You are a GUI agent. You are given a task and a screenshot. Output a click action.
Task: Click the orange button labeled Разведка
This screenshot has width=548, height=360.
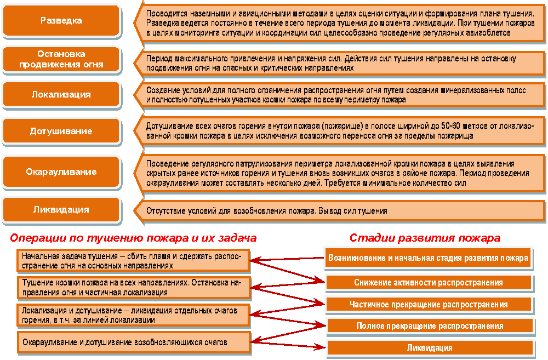point(61,21)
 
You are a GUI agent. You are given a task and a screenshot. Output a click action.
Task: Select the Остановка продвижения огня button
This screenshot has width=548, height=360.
point(61,59)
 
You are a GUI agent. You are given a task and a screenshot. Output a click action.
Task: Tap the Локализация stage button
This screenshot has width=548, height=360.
point(61,94)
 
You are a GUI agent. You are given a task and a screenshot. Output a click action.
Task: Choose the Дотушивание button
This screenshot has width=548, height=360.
point(61,132)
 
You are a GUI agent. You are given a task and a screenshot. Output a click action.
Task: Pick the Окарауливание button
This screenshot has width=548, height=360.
point(61,172)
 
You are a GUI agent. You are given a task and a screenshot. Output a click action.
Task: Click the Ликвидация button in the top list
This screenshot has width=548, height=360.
point(61,209)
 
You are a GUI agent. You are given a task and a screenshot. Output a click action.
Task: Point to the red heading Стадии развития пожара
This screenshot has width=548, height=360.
point(425,238)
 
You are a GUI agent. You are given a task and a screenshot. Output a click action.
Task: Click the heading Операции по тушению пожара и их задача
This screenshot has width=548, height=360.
point(133,238)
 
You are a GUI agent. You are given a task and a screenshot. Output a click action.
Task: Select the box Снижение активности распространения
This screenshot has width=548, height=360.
point(429,282)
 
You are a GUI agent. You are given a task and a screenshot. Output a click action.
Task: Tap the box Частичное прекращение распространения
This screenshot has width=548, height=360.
point(429,304)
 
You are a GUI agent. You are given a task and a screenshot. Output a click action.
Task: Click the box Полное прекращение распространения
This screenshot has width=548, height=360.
point(429,326)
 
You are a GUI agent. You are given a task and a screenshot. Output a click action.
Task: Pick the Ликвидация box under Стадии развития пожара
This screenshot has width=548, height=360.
point(429,347)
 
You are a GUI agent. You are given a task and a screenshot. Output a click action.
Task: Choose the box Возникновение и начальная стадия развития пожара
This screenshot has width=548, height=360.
point(429,258)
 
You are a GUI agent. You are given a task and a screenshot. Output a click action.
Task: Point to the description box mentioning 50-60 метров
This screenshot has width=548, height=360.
point(340,130)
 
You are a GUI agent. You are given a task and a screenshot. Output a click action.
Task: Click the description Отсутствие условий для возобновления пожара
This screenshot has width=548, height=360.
point(340,210)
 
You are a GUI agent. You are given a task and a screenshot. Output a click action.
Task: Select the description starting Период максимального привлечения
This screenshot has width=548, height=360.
point(340,62)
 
